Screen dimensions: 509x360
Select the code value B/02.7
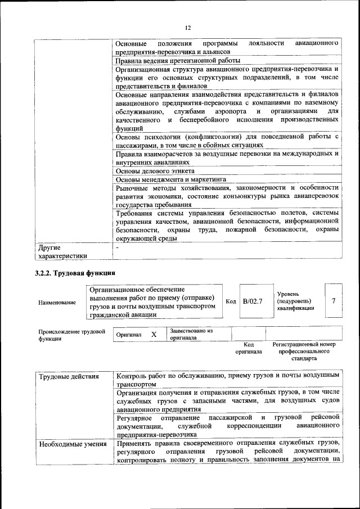(253, 301)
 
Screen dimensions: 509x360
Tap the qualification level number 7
(334, 301)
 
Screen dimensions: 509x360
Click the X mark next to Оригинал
(154, 335)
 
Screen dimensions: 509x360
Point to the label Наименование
(57, 303)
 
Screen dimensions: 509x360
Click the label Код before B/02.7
(231, 301)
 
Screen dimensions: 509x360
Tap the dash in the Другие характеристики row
(117, 247)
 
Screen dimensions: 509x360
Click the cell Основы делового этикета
(155, 170)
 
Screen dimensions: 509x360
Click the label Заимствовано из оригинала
(191, 335)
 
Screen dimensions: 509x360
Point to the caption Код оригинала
(249, 348)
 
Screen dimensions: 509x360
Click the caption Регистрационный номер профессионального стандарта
(304, 351)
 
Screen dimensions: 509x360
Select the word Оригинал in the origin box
(129, 335)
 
